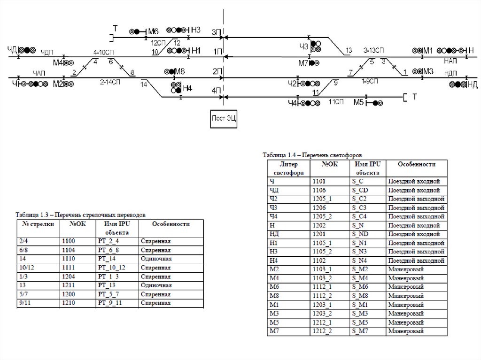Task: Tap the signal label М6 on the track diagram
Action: point(154,31)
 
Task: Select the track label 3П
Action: point(217,32)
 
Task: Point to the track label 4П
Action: point(217,91)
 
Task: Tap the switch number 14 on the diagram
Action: point(144,84)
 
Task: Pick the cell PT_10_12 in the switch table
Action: point(112,268)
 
